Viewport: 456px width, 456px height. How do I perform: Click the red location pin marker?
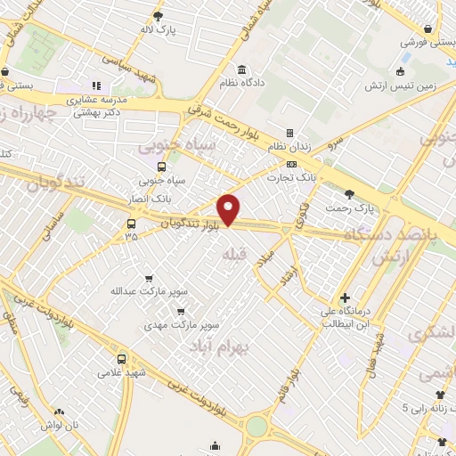pos(230,209)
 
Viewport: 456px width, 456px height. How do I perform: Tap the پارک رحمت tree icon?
pos(348,194)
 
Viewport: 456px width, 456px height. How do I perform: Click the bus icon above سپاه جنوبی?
pos(161,167)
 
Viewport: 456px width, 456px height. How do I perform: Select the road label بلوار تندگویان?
pos(191,224)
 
